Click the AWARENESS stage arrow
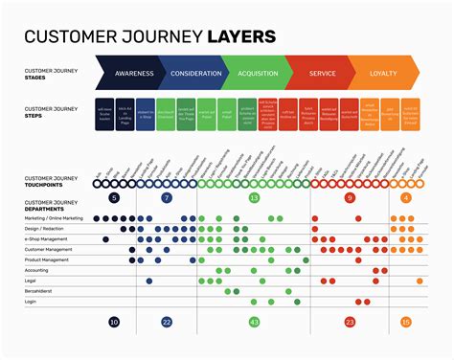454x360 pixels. pos(133,73)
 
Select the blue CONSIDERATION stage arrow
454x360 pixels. pos(195,73)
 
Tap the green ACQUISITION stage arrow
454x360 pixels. pos(258,73)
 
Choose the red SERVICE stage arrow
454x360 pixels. pos(322,73)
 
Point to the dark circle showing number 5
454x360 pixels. pos(115,198)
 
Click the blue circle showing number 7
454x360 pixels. pos(167,198)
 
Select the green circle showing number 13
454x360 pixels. pos(254,198)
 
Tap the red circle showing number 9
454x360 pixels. pos(350,198)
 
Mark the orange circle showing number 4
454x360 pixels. pos(406,198)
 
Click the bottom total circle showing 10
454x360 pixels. pos(115,323)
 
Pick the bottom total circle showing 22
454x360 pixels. pos(167,323)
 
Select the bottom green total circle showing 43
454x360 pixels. pos(254,323)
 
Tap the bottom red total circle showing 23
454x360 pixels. pos(350,323)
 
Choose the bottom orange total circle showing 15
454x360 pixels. pos(406,323)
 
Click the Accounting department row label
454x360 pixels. pos(36,270)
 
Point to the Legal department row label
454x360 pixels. pos(31,281)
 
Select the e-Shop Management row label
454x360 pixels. pos(45,238)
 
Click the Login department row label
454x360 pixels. pos(31,301)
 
